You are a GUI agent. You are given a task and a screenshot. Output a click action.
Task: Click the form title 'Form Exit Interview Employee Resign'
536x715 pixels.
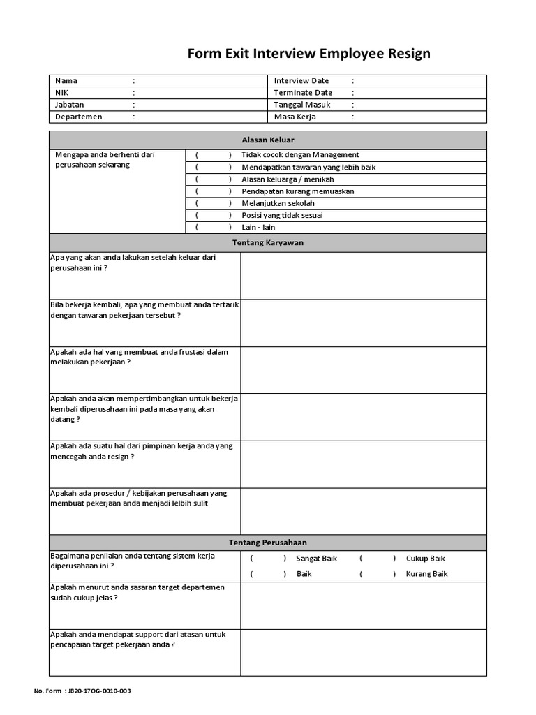pos(309,54)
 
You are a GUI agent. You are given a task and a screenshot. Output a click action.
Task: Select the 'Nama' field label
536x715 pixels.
pos(66,81)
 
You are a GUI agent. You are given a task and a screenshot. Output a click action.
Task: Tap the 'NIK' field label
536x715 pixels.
pos(62,93)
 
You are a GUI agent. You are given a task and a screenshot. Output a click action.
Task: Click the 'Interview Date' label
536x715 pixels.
pos(301,81)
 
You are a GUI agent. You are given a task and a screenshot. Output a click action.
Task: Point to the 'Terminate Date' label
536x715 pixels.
pos(303,93)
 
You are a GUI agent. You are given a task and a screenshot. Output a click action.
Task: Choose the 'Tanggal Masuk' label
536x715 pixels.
pos(302,105)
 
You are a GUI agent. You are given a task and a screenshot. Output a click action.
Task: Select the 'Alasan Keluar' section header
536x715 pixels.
pos(268,140)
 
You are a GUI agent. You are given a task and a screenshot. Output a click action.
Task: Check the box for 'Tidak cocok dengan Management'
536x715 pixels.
pos(214,155)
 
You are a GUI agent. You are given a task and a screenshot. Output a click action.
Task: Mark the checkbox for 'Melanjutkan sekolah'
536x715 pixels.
pos(214,203)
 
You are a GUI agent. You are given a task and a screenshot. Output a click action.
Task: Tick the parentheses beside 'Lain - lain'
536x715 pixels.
pos(214,228)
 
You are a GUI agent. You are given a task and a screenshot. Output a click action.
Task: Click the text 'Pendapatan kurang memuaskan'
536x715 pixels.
pos(298,191)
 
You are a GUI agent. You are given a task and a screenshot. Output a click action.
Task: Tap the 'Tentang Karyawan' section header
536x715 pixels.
pos(268,243)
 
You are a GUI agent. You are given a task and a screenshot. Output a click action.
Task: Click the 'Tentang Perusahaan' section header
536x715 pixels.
pos(268,543)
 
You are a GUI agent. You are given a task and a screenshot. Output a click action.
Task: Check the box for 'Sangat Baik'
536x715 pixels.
pos(268,559)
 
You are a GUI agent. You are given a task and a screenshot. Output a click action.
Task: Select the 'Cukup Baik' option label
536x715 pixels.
pos(425,559)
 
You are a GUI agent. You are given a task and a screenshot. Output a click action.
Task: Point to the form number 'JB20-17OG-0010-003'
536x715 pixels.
pos(97,691)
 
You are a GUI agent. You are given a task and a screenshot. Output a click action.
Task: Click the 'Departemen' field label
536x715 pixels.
pos(79,117)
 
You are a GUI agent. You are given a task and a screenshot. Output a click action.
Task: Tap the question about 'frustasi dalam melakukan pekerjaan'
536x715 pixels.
pos(140,357)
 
